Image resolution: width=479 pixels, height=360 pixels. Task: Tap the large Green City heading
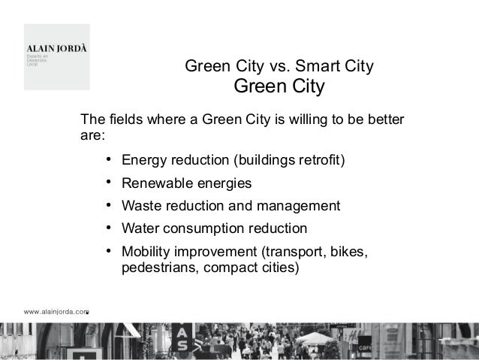[279, 87]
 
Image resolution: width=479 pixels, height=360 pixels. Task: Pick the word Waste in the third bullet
[140, 206]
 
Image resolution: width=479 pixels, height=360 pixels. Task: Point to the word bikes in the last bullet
[351, 250]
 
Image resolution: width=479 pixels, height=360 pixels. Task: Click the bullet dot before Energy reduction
[109, 159]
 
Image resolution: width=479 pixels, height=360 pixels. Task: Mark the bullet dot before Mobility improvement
[109, 250]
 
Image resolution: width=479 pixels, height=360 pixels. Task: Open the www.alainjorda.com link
[56, 310]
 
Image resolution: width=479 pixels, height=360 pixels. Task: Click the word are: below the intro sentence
[92, 137]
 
